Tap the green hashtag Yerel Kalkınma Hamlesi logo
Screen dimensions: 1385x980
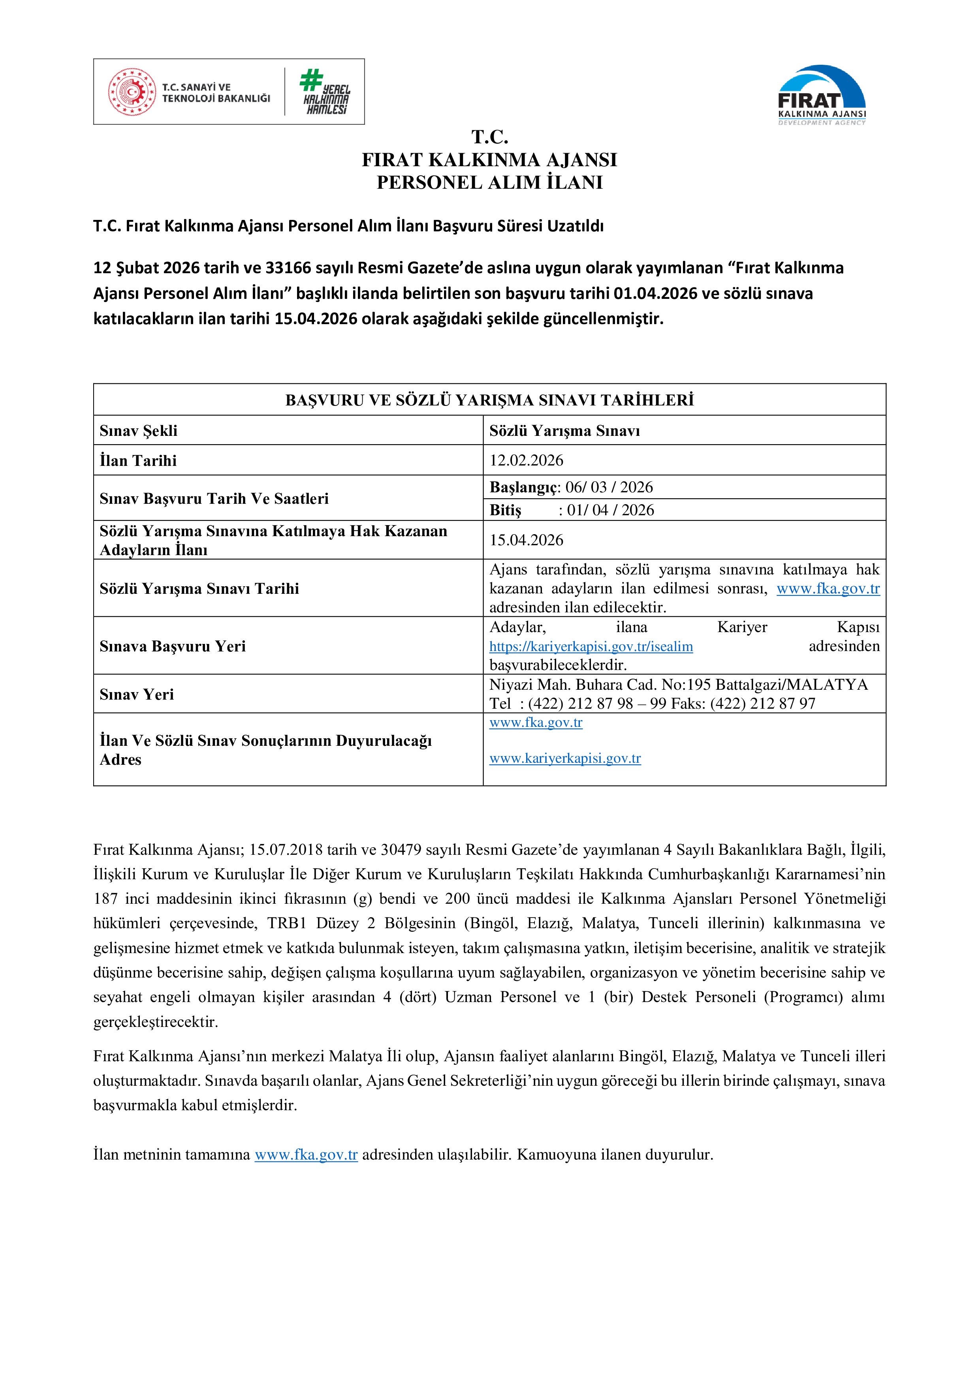pyautogui.click(x=326, y=92)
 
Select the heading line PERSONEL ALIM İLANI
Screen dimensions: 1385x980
pyautogui.click(x=489, y=182)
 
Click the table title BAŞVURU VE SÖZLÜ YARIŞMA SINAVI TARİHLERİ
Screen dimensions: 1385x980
pyautogui.click(x=489, y=400)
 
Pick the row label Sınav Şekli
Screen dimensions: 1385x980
pyautogui.click(x=138, y=431)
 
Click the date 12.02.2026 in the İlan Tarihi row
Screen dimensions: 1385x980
pyautogui.click(x=526, y=460)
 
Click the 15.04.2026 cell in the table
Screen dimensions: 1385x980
pyautogui.click(x=526, y=540)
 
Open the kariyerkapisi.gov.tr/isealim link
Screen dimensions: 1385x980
pyautogui.click(x=591, y=647)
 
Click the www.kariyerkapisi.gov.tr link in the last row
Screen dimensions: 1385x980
pyautogui.click(x=565, y=758)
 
